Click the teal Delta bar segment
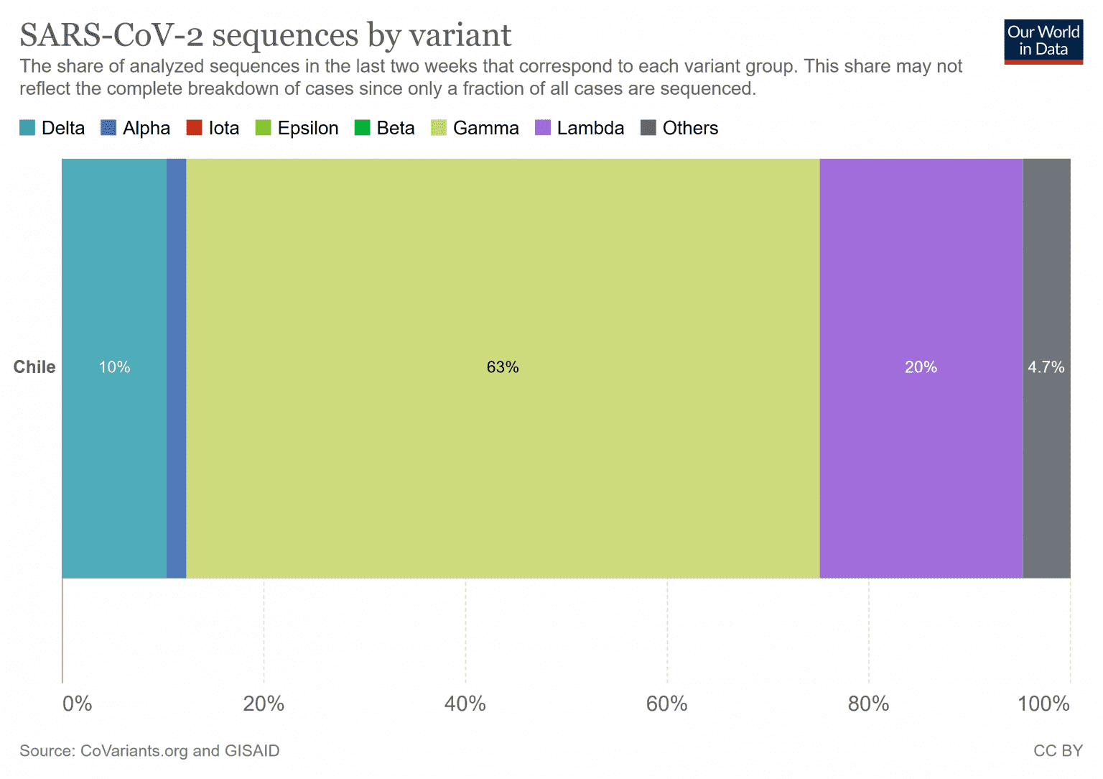(x=114, y=287)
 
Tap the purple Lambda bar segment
(x=921, y=287)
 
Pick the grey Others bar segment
(x=1046, y=287)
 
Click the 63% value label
(x=503, y=367)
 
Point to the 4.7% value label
(x=1046, y=367)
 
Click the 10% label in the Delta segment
(x=114, y=367)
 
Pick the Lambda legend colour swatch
(x=543, y=128)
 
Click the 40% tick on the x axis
(x=465, y=704)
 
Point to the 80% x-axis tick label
(x=868, y=704)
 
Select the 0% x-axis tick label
(x=77, y=704)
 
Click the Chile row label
(x=34, y=367)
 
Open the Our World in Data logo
(x=1043, y=42)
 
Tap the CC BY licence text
(x=1058, y=751)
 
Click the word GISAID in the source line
(x=252, y=751)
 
